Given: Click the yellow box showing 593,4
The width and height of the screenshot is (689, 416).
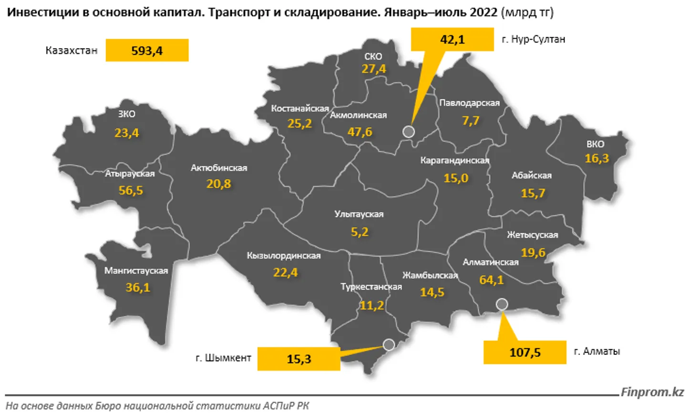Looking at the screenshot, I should coord(147,51).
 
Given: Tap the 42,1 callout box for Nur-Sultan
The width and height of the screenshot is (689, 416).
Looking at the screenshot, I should coord(452,39).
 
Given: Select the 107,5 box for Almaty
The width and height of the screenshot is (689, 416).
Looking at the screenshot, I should coord(524,353).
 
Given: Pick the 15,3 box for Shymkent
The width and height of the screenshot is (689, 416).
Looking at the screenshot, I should coord(298,359).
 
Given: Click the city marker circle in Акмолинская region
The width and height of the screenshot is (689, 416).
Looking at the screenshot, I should coord(409,132).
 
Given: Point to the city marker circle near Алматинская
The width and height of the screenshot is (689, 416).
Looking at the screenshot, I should coord(502,304).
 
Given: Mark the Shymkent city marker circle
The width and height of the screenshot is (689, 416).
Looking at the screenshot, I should coord(389,344).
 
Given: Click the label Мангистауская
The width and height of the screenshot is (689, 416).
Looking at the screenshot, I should coord(136,270).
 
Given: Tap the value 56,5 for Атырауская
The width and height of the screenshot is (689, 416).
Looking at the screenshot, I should coord(131,190).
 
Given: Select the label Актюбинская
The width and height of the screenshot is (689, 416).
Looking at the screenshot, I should coord(219,168).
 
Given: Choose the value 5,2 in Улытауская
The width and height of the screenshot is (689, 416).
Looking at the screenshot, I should coord(360,232).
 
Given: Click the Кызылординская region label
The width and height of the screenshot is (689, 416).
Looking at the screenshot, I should coord(284,256).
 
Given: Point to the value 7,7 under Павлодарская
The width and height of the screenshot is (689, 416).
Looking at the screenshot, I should coord(471,121).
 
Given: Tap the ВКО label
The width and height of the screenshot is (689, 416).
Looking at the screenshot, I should coord(595,144).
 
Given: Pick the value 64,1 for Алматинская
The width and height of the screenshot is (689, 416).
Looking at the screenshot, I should coord(491,280).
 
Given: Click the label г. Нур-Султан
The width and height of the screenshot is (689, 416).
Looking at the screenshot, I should coord(533,39).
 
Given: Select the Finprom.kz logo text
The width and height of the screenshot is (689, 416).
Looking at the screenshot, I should coord(652,392).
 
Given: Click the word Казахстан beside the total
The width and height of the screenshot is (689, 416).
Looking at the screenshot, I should coord(72,51).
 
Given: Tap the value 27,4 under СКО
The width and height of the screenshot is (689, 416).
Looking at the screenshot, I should coord(373,69).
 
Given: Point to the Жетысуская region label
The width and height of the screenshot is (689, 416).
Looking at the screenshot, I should coord(532,235).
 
